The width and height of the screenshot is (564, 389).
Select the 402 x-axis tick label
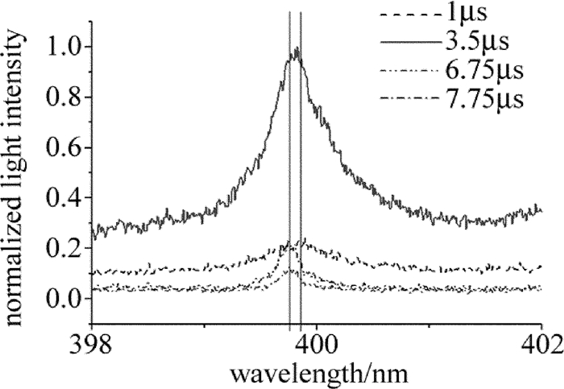point(541,343)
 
